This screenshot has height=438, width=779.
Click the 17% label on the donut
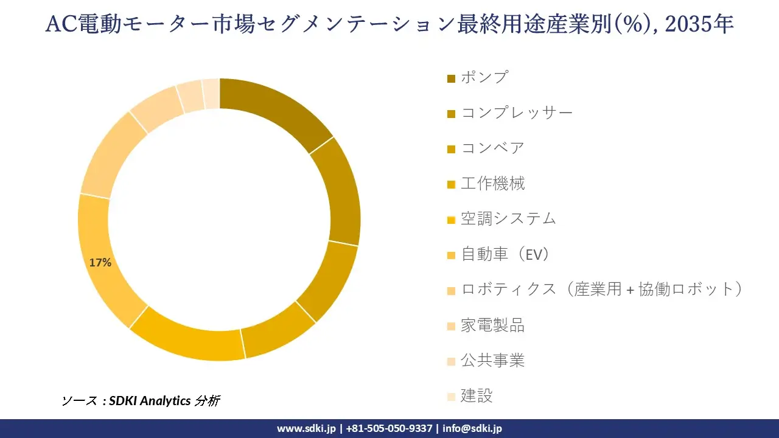click(100, 263)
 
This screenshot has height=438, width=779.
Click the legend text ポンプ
click(484, 77)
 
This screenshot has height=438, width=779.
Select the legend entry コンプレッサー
click(517, 113)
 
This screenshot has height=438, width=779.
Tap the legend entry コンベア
click(492, 148)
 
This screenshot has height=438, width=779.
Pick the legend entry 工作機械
click(492, 183)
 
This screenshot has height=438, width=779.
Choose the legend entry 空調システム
click(508, 218)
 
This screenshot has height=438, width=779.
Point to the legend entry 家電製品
click(492, 325)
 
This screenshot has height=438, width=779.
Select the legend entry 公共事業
click(492, 361)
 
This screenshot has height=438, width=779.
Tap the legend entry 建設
click(477, 396)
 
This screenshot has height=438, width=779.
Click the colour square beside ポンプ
click(451, 78)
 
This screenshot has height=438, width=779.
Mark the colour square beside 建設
click(451, 397)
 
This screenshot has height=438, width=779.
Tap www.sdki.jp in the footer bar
click(306, 428)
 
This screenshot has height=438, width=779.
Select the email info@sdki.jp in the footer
click(472, 428)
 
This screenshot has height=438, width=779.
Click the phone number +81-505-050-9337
click(389, 428)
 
